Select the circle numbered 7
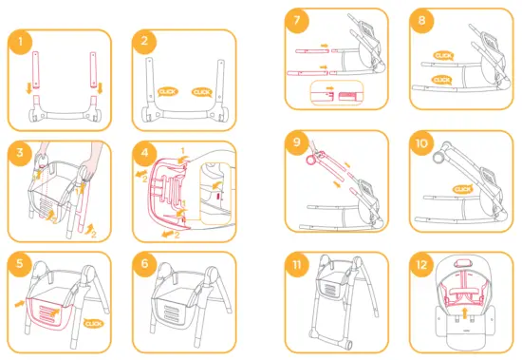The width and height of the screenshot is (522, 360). tap(297, 20)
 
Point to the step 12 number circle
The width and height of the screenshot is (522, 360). tap(421, 263)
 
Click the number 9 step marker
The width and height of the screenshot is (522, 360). tap(297, 142)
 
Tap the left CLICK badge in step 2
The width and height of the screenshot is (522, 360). tap(168, 91)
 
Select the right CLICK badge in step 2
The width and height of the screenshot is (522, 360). tap(201, 91)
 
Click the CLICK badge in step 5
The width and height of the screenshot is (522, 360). tap(94, 323)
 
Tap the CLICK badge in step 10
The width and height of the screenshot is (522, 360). tap(463, 189)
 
